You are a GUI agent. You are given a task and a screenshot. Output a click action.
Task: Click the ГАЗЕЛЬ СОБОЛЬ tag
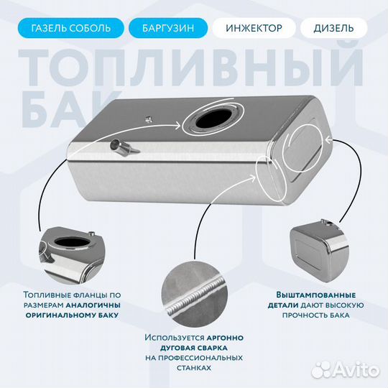70,29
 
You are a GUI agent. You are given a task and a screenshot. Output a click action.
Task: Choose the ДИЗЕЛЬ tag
333,29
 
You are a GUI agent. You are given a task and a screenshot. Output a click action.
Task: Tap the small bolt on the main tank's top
147,120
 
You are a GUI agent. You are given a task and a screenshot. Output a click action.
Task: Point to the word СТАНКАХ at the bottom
194,367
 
